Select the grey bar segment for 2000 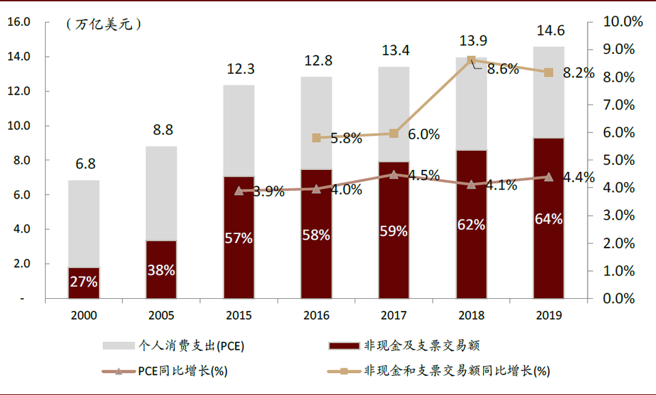[83, 224]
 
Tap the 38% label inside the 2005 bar [161, 270]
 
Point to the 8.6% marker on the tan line [471, 61]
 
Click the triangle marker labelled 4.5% [394, 175]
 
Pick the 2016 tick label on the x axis [316, 315]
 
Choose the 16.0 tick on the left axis [18, 22]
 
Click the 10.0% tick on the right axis [623, 22]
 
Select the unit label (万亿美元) [104, 25]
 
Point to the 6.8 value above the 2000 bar [84, 164]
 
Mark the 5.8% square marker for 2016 [316, 138]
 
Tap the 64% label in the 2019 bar [549, 219]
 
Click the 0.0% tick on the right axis [620, 299]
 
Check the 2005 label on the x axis [161, 315]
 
